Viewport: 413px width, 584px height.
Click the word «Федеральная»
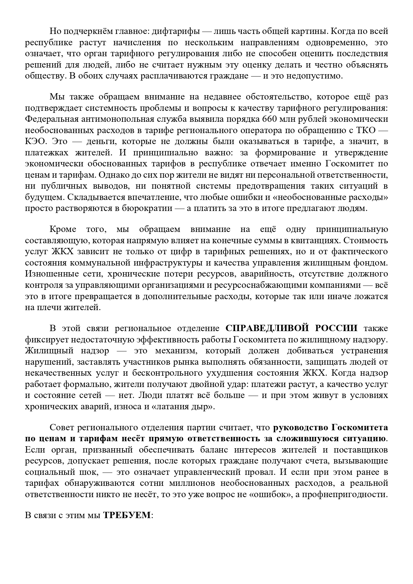click(x=52, y=119)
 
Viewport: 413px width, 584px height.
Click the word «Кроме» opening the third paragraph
click(x=63, y=229)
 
